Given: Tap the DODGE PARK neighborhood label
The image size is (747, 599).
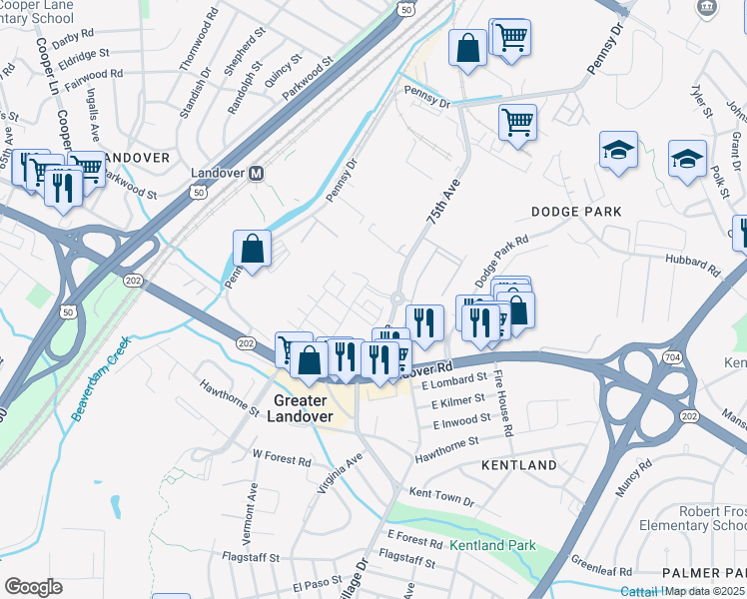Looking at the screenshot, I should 576,212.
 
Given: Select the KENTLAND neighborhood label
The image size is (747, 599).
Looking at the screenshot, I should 518,465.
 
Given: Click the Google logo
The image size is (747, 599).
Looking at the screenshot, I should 33,587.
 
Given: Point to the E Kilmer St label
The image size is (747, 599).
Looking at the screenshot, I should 458,400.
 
